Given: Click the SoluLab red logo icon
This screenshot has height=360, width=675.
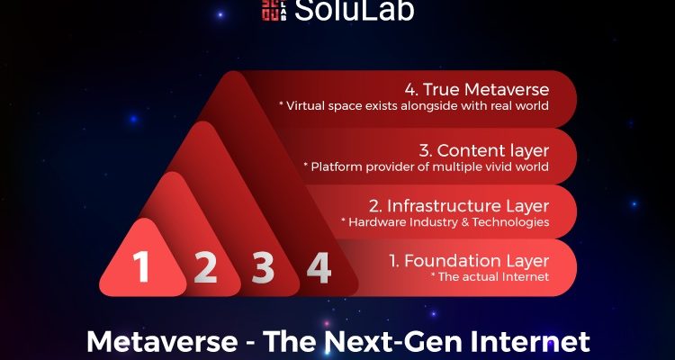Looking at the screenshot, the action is (274, 9).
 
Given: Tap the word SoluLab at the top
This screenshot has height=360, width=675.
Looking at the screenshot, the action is (355, 10).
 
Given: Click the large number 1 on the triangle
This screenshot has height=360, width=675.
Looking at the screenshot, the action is (140, 266).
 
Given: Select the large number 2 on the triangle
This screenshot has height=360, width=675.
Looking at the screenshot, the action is (205, 267).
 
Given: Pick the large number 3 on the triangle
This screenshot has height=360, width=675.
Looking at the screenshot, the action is (263, 267).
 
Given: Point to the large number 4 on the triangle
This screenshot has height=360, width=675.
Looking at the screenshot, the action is (319, 267).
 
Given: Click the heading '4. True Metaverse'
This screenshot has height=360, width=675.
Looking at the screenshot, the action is (477, 90).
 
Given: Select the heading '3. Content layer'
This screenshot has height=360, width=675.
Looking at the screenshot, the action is (484, 150).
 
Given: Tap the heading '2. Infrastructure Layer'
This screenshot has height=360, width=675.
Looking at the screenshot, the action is (459, 206).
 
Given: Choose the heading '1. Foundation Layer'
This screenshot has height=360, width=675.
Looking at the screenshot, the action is (469, 261).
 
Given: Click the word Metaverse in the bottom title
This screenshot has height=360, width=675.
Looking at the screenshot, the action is (162, 341).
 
